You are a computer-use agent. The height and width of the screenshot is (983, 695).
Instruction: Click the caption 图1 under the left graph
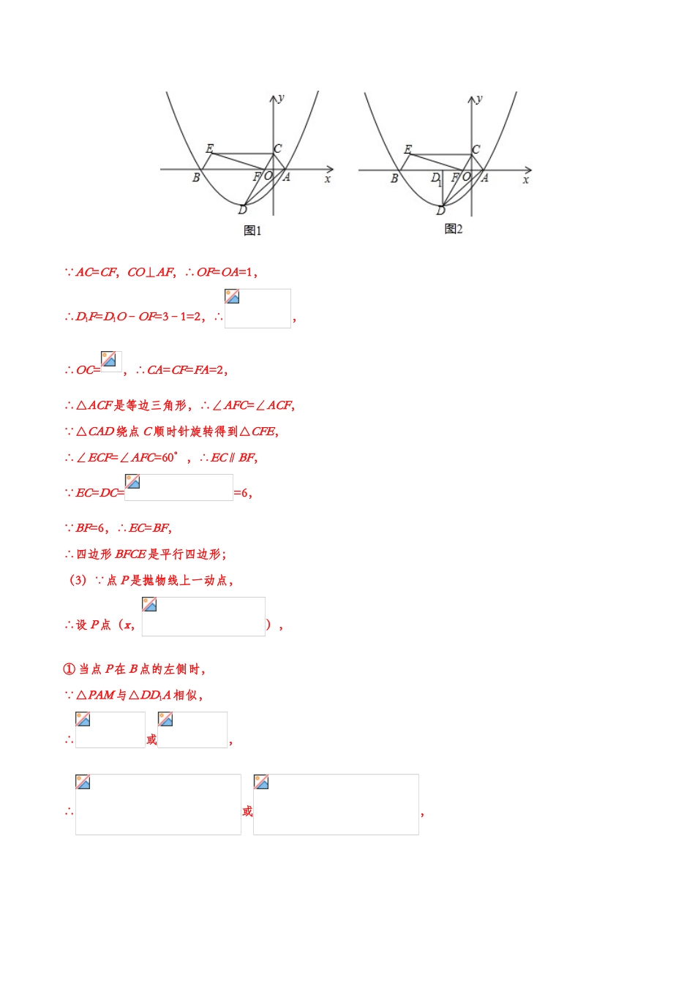[252, 230]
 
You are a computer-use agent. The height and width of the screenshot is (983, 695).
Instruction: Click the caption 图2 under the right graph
[454, 229]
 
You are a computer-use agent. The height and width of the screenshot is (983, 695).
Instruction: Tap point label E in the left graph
[209, 148]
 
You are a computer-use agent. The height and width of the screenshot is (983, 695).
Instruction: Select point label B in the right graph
[394, 178]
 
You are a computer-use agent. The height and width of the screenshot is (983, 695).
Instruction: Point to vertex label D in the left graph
[242, 210]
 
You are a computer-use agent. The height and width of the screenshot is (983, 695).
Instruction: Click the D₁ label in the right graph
[436, 178]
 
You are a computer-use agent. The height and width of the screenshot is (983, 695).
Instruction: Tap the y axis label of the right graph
[480, 98]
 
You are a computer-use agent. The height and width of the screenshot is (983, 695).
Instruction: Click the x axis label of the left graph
[328, 179]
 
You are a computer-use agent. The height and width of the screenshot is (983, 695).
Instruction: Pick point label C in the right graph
[476, 149]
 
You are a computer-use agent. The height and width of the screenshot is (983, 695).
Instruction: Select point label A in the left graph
[287, 177]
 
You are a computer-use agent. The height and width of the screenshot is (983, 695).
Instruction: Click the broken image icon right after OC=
[111, 361]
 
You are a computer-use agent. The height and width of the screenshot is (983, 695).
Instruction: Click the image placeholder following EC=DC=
[179, 487]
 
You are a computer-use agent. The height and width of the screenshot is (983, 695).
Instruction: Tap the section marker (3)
[78, 580]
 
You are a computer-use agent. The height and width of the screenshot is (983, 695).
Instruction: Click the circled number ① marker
[69, 668]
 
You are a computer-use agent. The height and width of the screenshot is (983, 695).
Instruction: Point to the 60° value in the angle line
[168, 458]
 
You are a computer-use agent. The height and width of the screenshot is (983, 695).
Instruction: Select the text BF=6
[91, 528]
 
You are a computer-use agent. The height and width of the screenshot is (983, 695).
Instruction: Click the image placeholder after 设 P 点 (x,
[203, 617]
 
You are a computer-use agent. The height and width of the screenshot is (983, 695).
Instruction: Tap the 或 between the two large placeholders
[247, 811]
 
